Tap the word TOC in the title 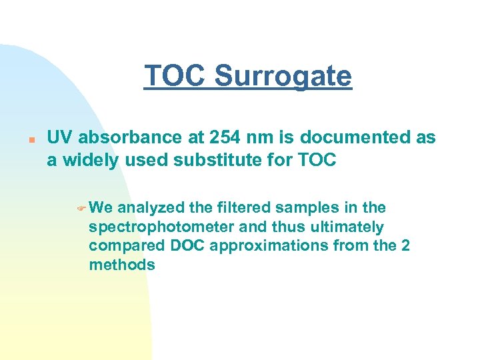coord(175,76)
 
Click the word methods coord(121,265)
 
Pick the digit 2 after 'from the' coord(405,246)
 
